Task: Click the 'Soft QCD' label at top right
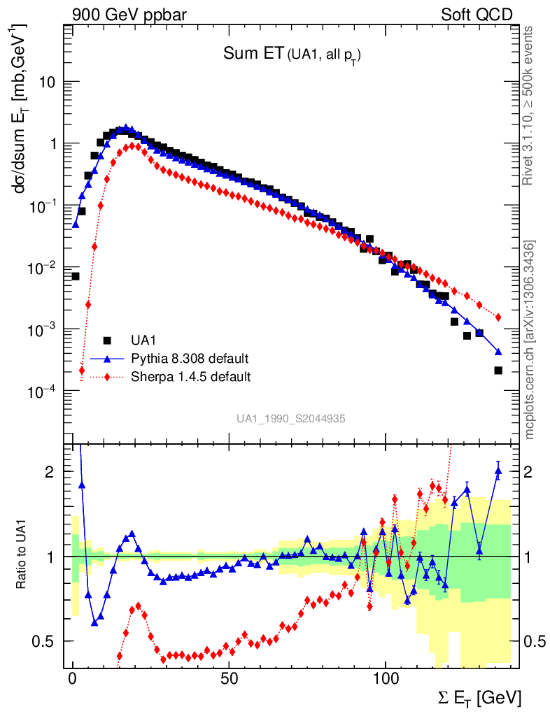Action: (x=477, y=14)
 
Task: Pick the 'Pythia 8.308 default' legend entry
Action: (x=190, y=359)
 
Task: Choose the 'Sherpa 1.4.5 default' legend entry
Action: (x=190, y=377)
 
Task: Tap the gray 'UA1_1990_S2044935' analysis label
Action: (x=290, y=418)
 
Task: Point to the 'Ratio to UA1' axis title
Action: (x=22, y=556)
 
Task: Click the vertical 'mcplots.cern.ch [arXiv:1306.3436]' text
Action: (x=530, y=339)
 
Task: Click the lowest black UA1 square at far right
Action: (x=498, y=371)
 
